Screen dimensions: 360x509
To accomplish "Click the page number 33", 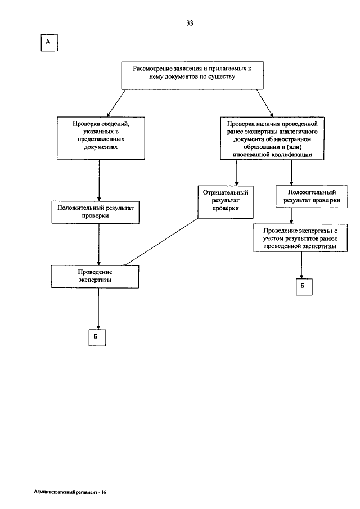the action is tap(190, 23).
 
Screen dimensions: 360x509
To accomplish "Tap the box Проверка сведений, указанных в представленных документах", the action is tap(101, 138).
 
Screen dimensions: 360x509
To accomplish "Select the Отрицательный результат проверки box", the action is tap(226, 202).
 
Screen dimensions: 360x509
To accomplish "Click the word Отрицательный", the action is tap(226, 192).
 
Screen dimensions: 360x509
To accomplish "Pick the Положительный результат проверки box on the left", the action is tap(96, 212).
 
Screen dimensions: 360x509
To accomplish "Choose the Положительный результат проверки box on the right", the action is tap(312, 197).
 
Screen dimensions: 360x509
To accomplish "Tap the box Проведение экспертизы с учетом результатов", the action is tap(300, 238).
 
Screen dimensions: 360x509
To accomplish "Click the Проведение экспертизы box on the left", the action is tap(95, 277).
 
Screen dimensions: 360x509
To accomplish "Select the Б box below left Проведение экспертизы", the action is tap(97, 337).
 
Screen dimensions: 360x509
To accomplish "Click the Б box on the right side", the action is tap(304, 287).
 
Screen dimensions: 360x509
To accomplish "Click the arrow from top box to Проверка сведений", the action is tap(116, 103).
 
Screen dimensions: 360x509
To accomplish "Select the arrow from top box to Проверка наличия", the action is tap(265, 103).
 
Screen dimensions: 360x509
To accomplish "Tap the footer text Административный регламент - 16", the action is tap(70, 492).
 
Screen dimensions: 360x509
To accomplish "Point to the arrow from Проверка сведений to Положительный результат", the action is tap(99, 180).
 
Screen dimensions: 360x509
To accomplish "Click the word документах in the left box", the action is tap(101, 147).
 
